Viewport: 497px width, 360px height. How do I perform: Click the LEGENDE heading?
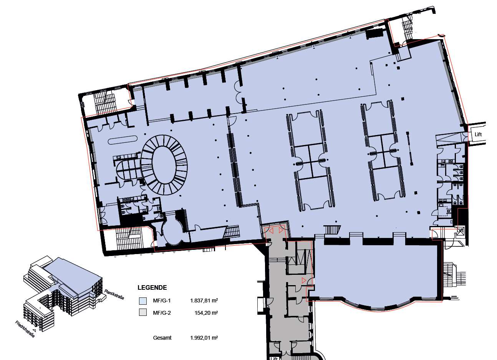pos(152,287)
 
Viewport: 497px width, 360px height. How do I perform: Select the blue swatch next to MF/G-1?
pos(143,301)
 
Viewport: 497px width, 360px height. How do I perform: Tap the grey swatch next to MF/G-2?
pos(143,312)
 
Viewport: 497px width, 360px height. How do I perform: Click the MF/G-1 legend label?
pos(162,301)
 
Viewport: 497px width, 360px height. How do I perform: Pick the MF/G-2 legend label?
pos(162,313)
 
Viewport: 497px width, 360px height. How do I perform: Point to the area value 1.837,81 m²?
pos(204,301)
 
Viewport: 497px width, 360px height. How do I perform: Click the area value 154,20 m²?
pos(206,313)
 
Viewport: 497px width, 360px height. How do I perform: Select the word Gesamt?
pos(162,338)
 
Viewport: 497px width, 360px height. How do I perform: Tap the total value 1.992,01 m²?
pos(204,338)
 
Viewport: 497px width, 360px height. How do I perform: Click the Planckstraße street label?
pos(114,294)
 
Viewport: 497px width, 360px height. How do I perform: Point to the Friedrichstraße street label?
pos(25,329)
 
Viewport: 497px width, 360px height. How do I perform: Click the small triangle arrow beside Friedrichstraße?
pos(35,330)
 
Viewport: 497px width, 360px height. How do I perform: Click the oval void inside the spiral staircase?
pos(164,165)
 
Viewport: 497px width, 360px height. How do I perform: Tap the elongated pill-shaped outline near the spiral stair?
pos(123,140)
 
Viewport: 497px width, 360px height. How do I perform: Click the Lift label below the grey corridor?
pos(274,358)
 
